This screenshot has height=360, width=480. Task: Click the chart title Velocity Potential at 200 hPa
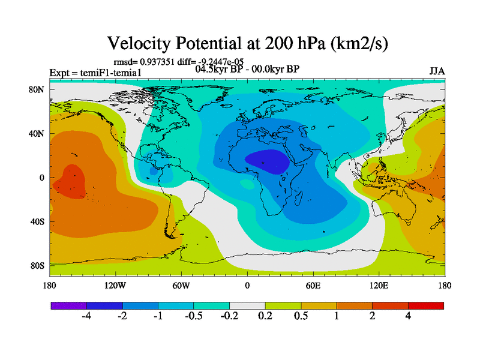tap(248, 43)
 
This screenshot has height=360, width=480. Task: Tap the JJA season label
tap(437, 71)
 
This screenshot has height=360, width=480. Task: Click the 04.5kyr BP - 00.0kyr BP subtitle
tap(247, 69)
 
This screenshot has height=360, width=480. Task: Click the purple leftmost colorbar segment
tap(68, 305)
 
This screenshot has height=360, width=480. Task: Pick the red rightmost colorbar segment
tap(426, 305)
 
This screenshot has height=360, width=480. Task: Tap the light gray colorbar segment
tap(247, 305)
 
